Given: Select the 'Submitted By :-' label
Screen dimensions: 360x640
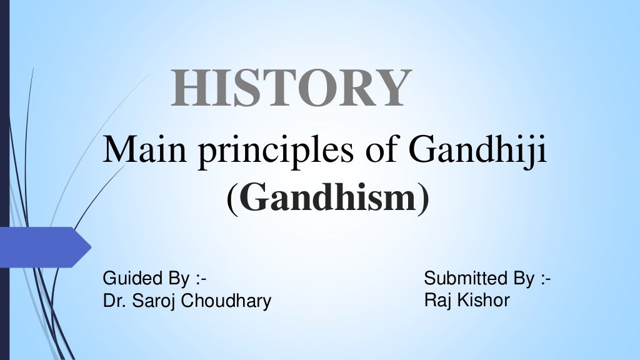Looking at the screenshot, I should click(487, 278).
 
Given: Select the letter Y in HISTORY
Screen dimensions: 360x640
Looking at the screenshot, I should click(392, 89).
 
